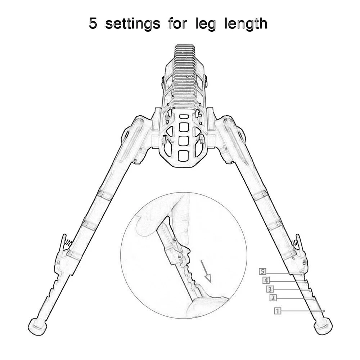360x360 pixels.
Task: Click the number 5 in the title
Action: [94, 24]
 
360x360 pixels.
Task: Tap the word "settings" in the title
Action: [133, 24]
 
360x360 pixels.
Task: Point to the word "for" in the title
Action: [178, 24]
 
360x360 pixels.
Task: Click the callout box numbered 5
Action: [263, 271]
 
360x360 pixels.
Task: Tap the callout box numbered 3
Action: [270, 289]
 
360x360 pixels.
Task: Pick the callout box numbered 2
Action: [273, 298]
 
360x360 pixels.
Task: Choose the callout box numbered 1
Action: [277, 311]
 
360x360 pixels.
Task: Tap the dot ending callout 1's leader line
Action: [324, 311]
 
